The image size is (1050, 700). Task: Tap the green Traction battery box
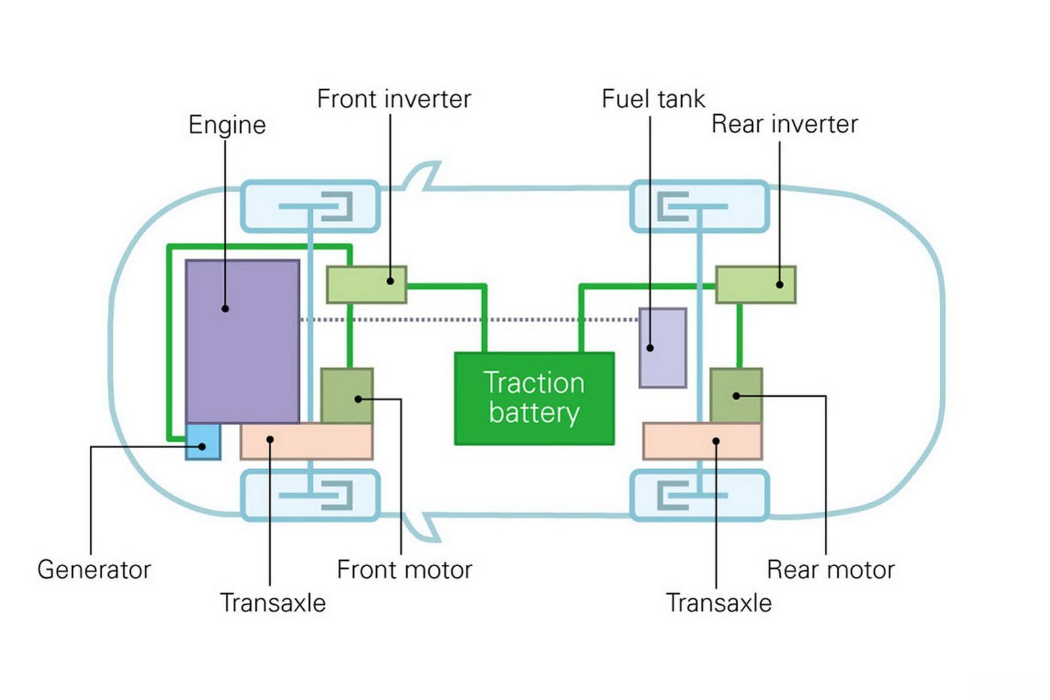point(534,398)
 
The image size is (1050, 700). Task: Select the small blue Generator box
point(203,442)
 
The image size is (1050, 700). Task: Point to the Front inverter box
point(366,285)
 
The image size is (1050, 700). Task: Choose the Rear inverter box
point(755,285)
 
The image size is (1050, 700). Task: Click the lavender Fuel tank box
point(663,348)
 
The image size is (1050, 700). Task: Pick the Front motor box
point(346,396)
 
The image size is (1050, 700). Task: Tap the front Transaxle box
point(306,442)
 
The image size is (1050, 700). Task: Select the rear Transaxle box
point(702,442)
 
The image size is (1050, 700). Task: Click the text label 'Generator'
point(94,569)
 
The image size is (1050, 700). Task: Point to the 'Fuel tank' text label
point(653,99)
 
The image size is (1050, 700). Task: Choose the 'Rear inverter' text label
point(784,124)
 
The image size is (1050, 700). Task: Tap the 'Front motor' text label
point(404,569)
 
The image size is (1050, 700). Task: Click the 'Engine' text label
point(227,125)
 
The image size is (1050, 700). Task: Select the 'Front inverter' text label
point(394,99)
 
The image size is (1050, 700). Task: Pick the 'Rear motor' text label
point(831,569)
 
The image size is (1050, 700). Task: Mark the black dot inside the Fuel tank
point(650,348)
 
